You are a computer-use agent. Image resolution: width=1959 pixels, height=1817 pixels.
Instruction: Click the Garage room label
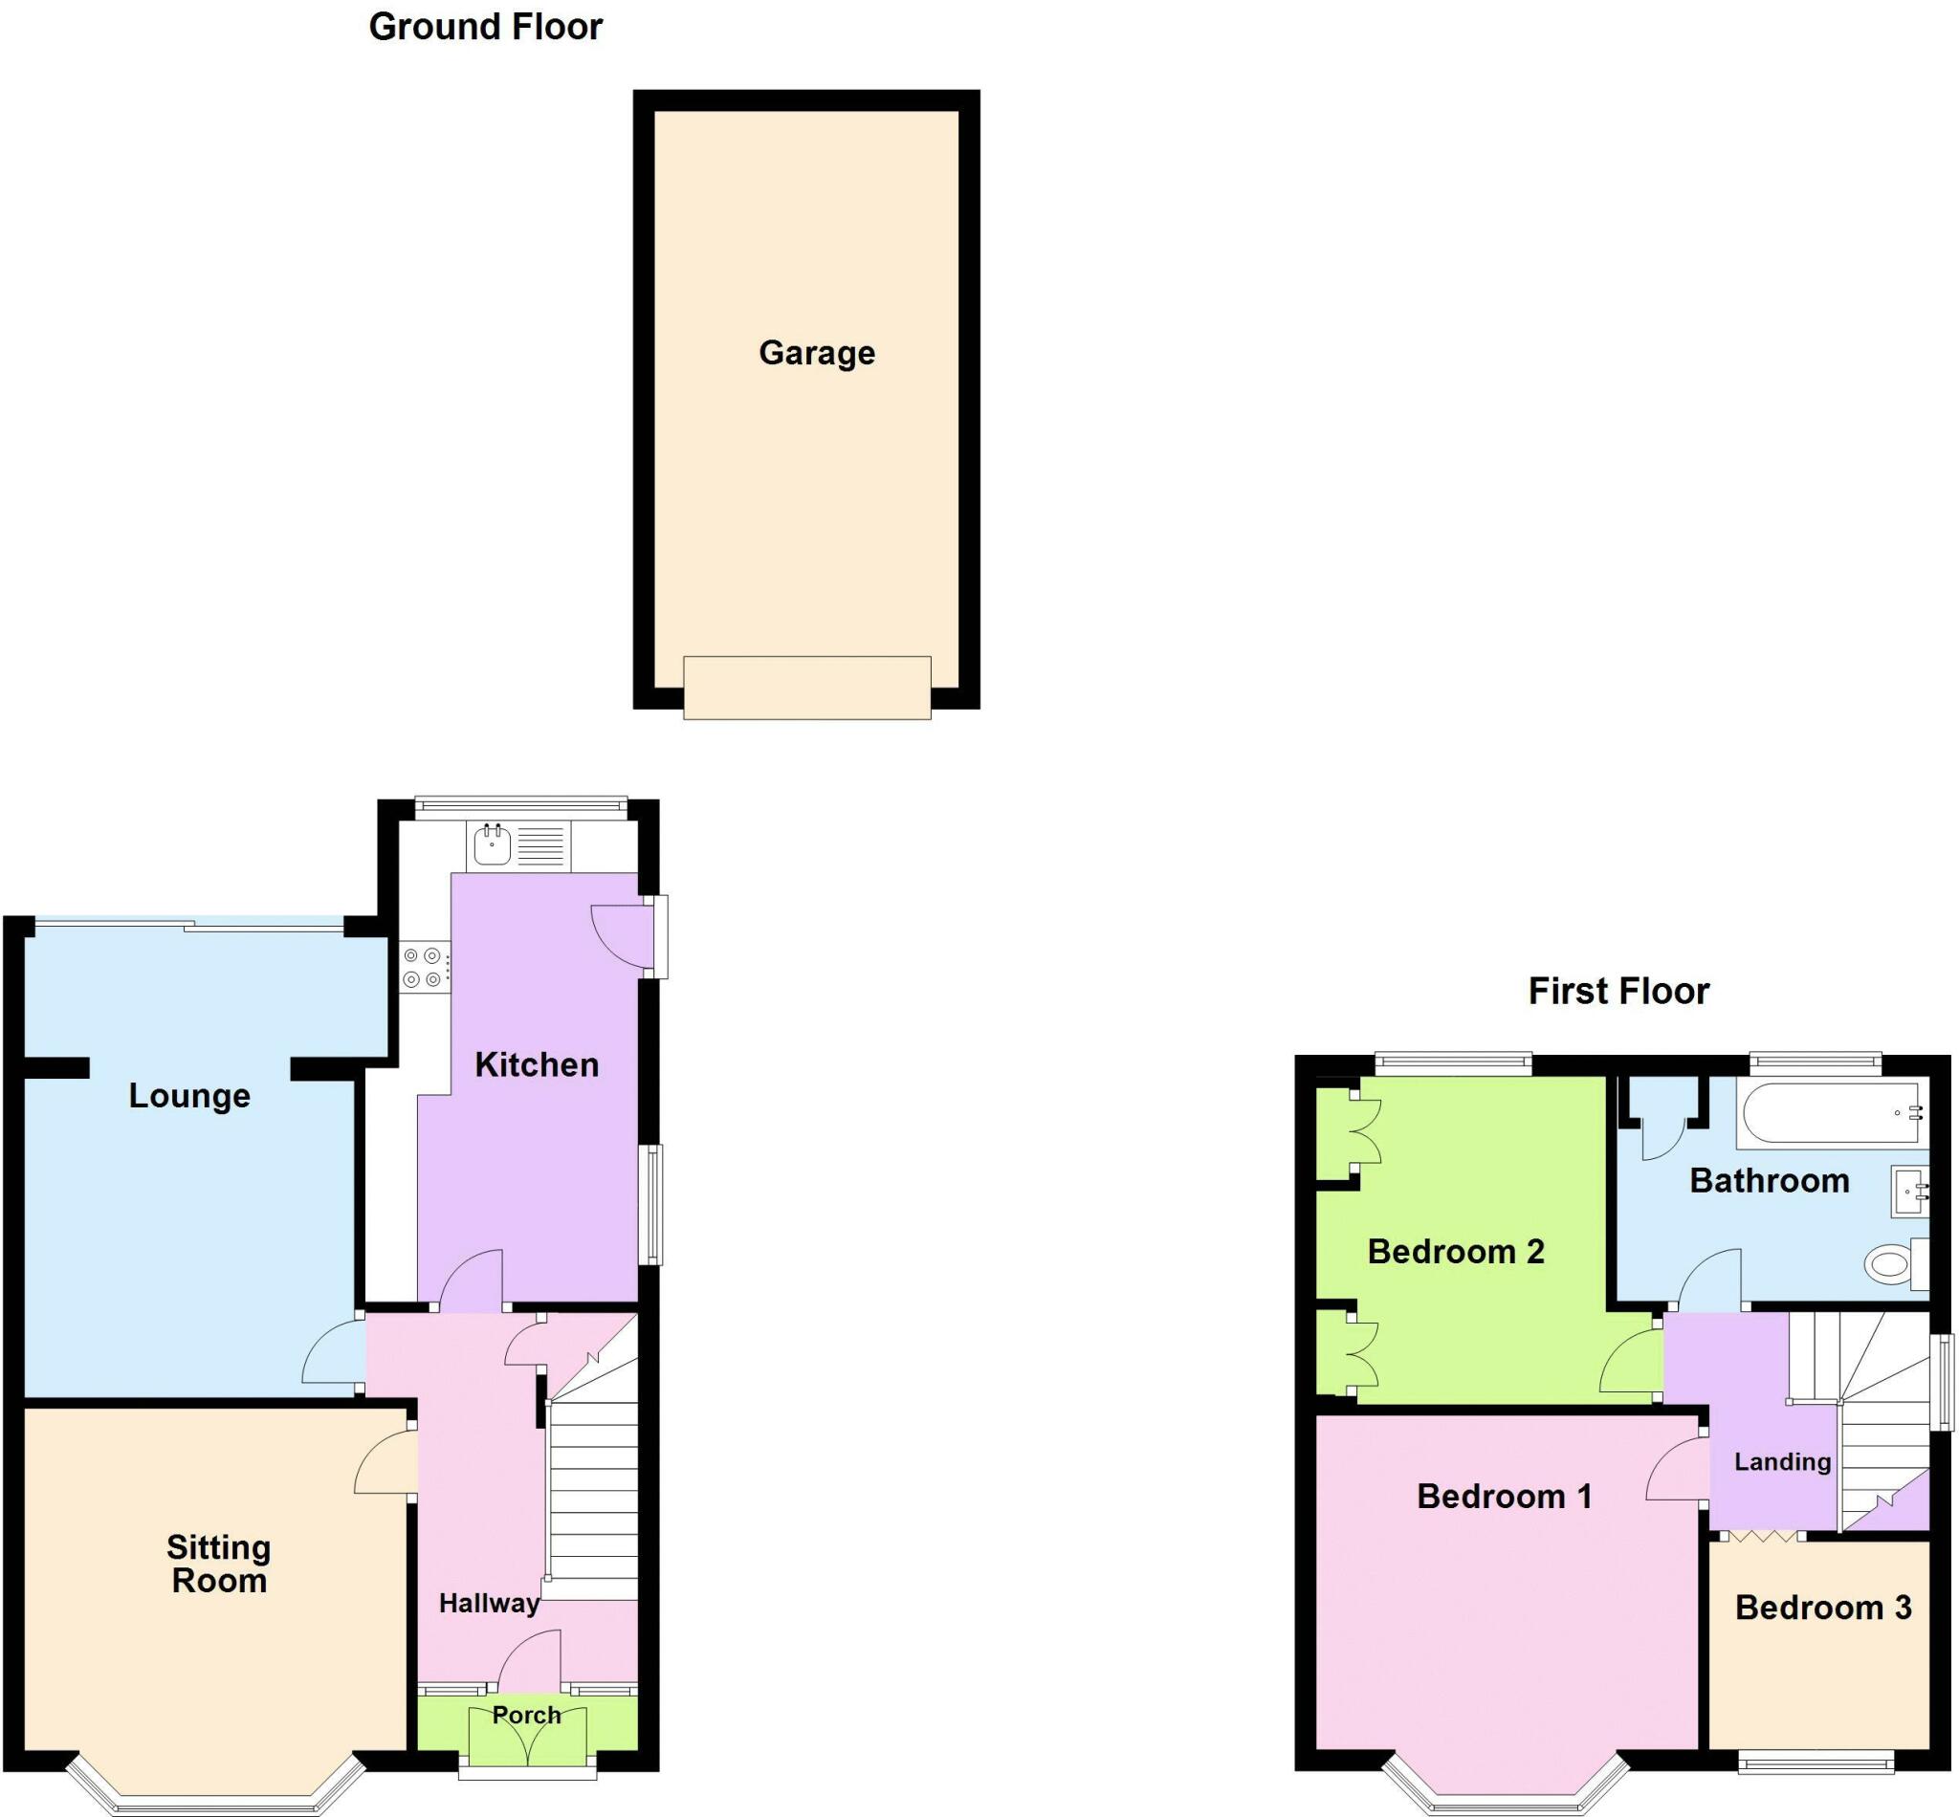[816, 353]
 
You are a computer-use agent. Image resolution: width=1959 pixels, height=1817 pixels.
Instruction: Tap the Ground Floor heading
[485, 28]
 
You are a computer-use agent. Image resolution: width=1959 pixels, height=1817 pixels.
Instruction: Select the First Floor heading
[1618, 991]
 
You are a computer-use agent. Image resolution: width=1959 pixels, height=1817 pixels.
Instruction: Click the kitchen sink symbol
[492, 844]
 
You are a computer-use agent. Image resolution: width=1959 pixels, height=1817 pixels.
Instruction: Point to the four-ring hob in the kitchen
[422, 967]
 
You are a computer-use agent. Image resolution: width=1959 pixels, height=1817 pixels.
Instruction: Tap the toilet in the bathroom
[1892, 1263]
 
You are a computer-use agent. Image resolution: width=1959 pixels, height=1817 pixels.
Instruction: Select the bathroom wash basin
[1909, 1191]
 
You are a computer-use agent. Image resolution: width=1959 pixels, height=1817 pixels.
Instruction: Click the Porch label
[526, 1716]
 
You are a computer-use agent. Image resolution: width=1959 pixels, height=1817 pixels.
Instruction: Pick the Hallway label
[489, 1604]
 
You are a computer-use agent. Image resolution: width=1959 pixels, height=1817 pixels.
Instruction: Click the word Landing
[1782, 1462]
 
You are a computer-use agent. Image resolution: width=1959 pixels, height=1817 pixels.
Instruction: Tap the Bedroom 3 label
[1822, 1608]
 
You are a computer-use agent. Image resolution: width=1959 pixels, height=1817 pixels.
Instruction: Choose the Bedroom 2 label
[1456, 1252]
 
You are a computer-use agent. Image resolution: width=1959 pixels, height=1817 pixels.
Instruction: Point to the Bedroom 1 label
[1504, 1497]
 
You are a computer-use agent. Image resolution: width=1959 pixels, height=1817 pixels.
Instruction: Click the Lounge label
[188, 1095]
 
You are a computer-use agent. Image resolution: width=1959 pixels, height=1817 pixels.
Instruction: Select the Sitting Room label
[218, 1565]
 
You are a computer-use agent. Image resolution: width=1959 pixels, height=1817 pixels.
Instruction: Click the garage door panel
[806, 688]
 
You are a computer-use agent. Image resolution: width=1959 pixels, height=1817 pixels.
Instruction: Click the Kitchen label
[536, 1064]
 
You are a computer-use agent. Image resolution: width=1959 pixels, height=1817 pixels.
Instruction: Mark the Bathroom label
[1769, 1181]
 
